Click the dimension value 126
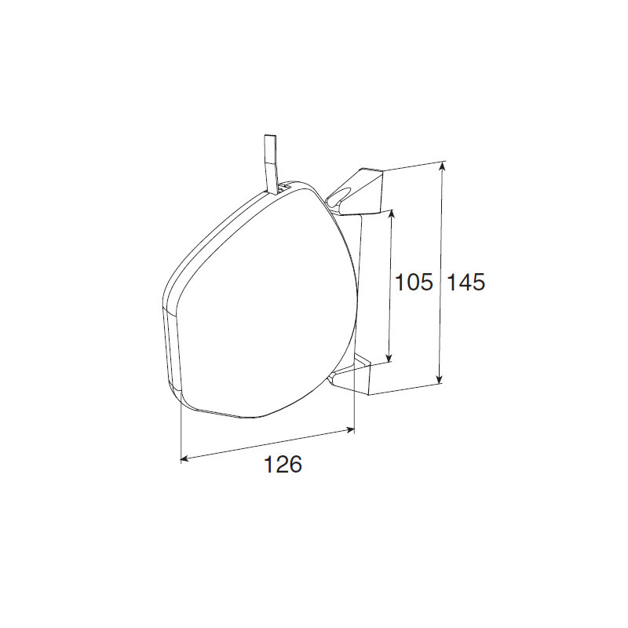coord(283,465)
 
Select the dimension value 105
coord(414,282)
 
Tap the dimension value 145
coord(466,282)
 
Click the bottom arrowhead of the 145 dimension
coord(440,379)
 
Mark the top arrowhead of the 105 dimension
coord(392,214)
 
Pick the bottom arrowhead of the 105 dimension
coord(389,357)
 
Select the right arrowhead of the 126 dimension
coord(350,430)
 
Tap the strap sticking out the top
coord(270,163)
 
